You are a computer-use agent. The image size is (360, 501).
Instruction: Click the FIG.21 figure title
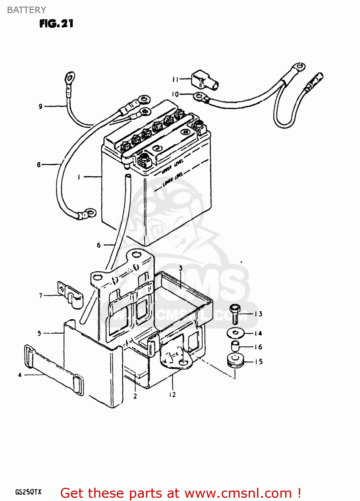(56, 24)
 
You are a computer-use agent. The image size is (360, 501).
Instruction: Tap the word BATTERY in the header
(26, 10)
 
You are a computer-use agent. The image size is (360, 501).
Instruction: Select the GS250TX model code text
(28, 492)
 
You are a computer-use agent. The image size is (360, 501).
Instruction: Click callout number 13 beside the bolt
(258, 314)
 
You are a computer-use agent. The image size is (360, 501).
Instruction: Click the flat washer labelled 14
(236, 333)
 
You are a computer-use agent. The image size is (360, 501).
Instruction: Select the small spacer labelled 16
(235, 346)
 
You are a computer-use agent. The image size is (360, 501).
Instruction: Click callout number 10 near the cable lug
(175, 95)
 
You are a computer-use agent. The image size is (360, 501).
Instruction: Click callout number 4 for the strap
(20, 375)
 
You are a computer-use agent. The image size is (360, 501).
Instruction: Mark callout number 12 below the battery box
(172, 395)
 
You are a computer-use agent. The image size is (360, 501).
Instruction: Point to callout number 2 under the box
(135, 396)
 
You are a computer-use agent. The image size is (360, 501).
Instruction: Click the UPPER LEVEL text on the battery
(172, 166)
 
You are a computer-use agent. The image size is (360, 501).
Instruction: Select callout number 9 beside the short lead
(40, 107)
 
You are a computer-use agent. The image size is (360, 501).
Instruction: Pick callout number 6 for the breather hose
(99, 245)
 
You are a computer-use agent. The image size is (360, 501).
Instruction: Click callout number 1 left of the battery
(79, 177)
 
